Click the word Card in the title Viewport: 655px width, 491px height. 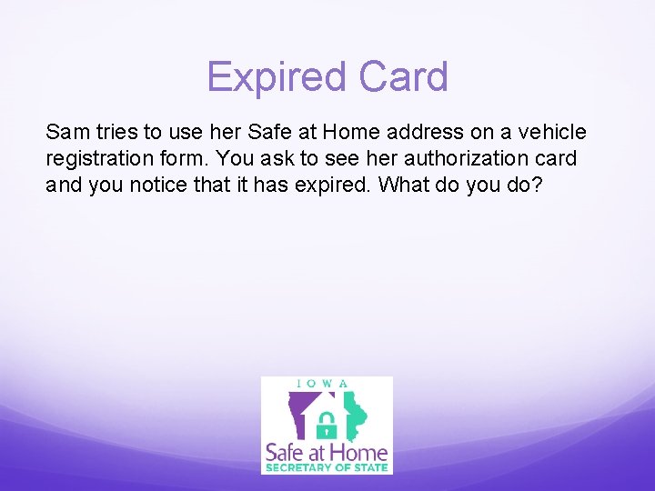(x=402, y=77)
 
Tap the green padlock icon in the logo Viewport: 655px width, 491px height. (x=325, y=422)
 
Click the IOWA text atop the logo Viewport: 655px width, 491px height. (x=326, y=384)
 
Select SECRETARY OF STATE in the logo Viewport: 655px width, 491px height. (x=326, y=468)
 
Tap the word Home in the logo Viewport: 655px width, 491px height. (x=363, y=452)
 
